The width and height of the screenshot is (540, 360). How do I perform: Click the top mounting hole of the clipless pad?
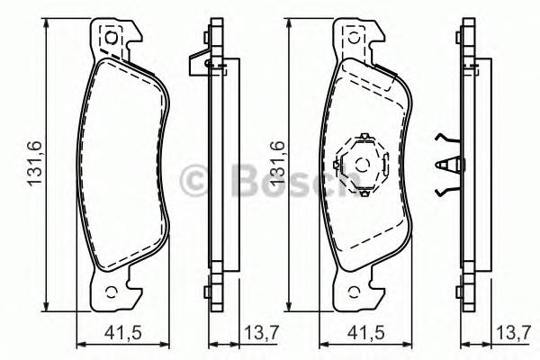(112, 38)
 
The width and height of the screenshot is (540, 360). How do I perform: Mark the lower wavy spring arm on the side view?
(446, 190)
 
